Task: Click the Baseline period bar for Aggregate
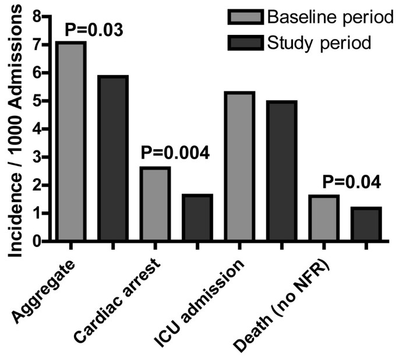pos(71,141)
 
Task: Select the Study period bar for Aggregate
pos(113,158)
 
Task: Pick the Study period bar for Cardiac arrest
pos(197,217)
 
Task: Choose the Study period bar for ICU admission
pos(282,171)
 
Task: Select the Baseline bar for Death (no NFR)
pos(324,218)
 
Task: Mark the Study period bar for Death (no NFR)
pos(366,224)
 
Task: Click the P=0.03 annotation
pos(94,29)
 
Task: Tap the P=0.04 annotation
pos(352,183)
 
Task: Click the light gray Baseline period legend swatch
pos(241,17)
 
